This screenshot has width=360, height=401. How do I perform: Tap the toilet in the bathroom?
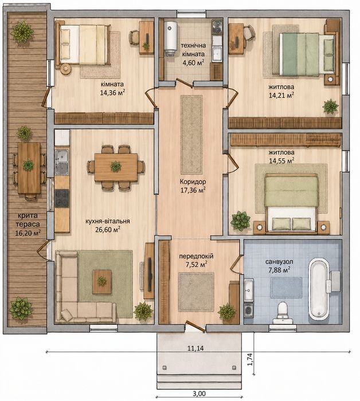coord(283,313)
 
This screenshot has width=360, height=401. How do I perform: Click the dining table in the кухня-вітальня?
coord(116,167)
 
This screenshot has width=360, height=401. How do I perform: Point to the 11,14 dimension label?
coord(195,348)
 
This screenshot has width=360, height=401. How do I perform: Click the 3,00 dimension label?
coord(199,394)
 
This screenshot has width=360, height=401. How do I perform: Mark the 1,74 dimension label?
coord(250,359)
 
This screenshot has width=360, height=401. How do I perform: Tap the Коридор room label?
coord(193,182)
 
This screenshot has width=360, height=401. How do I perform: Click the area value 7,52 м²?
coord(196,265)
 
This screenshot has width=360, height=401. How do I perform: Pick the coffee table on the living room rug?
coord(102,282)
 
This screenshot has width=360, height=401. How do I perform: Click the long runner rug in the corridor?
coord(191,135)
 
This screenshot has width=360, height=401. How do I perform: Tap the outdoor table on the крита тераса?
coord(29,168)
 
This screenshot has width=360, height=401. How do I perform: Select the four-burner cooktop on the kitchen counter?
coord(62,198)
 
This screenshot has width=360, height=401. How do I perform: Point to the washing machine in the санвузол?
coord(248,310)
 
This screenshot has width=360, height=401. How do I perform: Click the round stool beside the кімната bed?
coord(66,68)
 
